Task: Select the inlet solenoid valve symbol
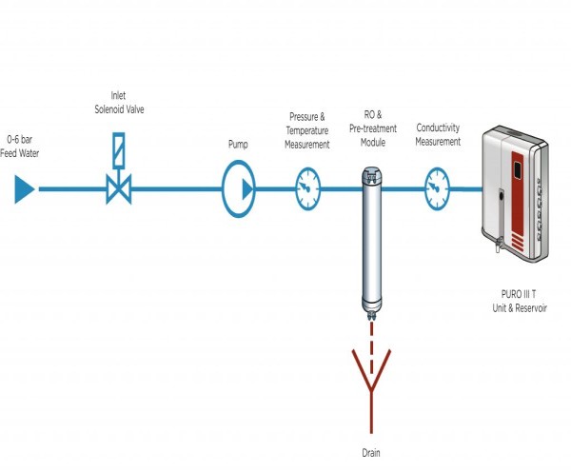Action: [x=119, y=188]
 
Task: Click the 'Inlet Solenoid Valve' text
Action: [x=119, y=103]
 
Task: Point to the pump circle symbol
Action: [x=239, y=189]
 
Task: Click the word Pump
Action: [x=238, y=145]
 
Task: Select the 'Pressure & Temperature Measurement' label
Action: [x=308, y=130]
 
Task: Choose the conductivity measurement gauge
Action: [x=437, y=188]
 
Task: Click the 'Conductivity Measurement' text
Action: [x=438, y=135]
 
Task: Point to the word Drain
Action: [x=372, y=454]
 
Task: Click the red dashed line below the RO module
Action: [x=372, y=333]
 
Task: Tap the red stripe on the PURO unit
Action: [x=520, y=200]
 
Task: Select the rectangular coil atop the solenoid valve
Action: [x=119, y=149]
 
